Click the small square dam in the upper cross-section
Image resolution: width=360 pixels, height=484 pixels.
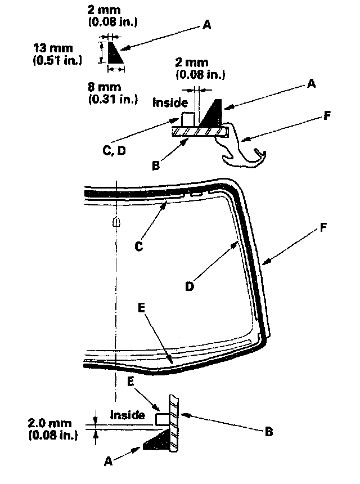[188, 119]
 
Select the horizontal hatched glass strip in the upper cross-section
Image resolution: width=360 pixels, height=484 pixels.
[200, 132]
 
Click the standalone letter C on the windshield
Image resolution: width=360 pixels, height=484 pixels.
[138, 245]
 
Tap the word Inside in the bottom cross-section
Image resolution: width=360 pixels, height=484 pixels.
[128, 415]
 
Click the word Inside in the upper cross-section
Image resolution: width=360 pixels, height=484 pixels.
[171, 102]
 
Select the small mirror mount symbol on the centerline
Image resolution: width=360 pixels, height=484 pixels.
[116, 222]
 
